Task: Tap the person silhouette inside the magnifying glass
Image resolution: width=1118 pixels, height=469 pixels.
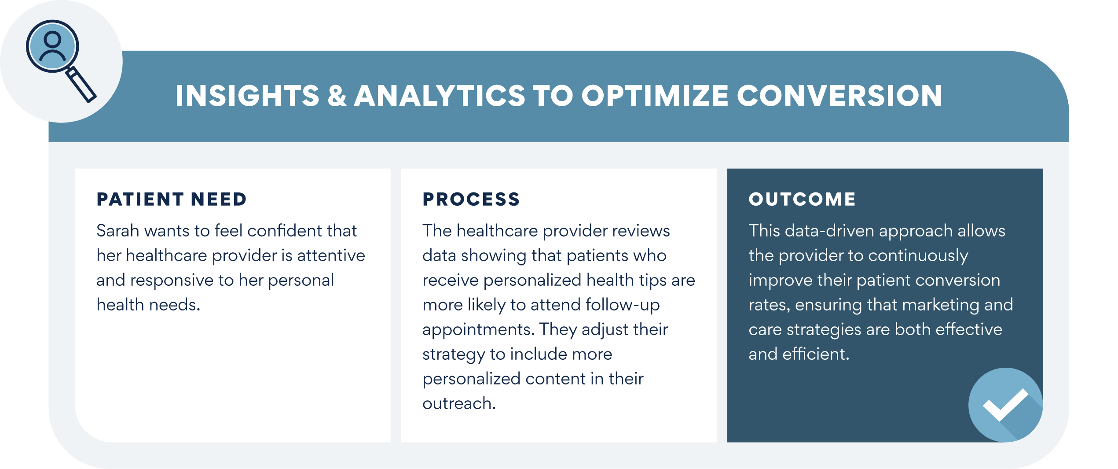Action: click(x=52, y=46)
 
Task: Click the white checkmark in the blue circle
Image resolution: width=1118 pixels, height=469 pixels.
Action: click(x=1005, y=405)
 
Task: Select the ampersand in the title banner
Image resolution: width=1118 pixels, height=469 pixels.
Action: click(x=337, y=96)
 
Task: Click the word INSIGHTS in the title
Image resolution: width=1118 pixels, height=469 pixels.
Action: click(x=247, y=96)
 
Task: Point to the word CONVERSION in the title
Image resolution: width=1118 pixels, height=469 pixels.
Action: click(x=839, y=96)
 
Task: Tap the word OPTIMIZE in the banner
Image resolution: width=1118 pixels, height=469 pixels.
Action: click(x=655, y=96)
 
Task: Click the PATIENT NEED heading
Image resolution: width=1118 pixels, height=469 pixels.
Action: click(x=172, y=199)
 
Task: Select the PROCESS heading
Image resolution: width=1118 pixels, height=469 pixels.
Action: click(x=471, y=199)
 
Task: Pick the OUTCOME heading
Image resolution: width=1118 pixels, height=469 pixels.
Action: click(x=803, y=199)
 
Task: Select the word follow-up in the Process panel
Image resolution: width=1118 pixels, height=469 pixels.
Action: click(x=623, y=305)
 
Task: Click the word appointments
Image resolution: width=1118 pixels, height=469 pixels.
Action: click(x=479, y=330)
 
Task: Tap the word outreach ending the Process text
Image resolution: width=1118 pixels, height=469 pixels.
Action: click(x=459, y=403)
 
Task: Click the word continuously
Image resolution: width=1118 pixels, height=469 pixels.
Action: click(x=918, y=256)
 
